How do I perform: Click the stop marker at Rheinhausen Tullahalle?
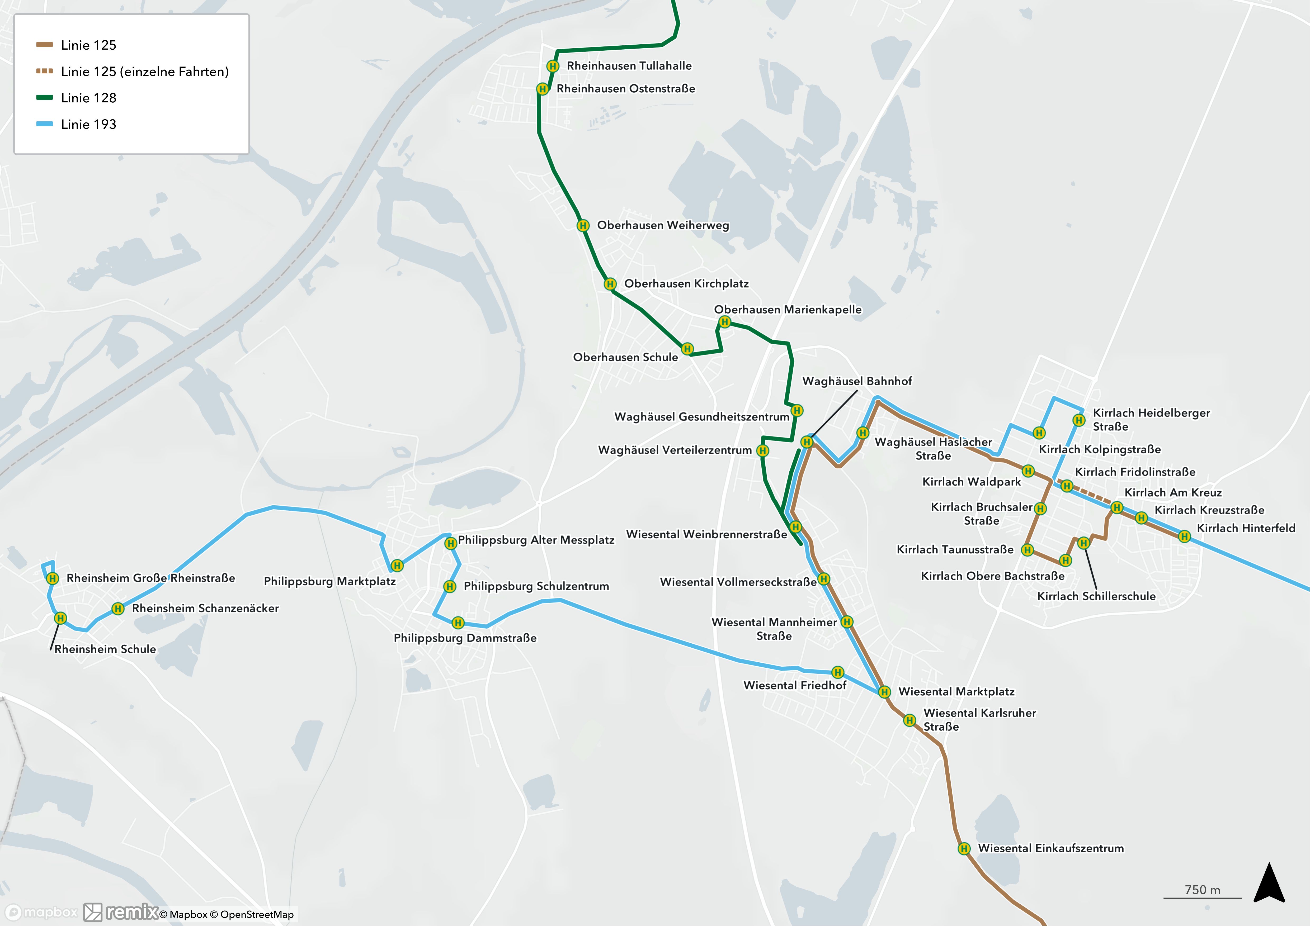[552, 66]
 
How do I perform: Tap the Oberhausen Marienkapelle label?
[787, 310]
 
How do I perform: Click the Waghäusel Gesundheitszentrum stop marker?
[797, 411]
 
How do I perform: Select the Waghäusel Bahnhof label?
[857, 381]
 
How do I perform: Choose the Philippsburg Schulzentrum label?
[536, 586]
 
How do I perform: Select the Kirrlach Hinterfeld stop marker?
[1185, 536]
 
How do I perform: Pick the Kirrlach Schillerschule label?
[1096, 596]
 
